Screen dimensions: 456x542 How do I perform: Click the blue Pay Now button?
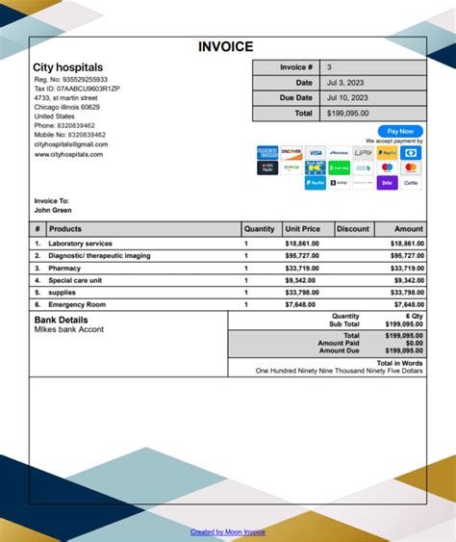click(400, 131)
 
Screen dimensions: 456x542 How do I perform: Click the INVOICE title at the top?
click(226, 46)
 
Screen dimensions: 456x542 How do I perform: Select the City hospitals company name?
click(68, 67)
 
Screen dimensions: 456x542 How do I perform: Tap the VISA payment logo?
click(315, 152)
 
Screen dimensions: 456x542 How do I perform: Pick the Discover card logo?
click(291, 152)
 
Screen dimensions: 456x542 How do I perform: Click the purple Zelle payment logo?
click(387, 182)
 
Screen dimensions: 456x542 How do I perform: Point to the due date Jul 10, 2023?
click(347, 97)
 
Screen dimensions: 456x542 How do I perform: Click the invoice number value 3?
click(329, 67)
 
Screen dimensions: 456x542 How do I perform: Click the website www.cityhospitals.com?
click(68, 154)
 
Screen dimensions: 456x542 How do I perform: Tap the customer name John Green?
click(53, 210)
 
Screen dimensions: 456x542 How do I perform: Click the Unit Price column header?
click(303, 229)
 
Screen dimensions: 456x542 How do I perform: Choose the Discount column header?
click(353, 229)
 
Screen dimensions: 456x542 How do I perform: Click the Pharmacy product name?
click(65, 268)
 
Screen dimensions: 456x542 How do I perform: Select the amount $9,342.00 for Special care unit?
click(407, 280)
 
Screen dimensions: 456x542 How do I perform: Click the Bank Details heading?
click(61, 319)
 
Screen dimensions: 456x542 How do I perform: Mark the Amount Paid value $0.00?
click(414, 343)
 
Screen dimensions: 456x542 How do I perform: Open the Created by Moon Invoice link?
click(228, 531)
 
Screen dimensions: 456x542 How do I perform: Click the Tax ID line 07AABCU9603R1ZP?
click(77, 88)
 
